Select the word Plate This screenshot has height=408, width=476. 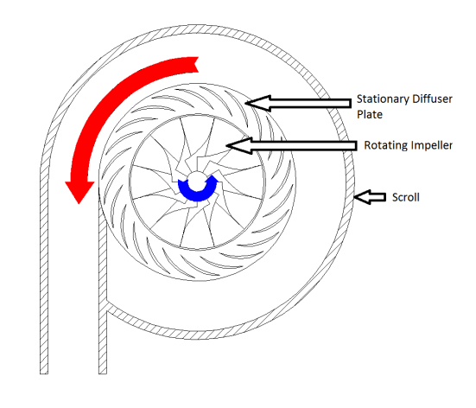(x=370, y=114)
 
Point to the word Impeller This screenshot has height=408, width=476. (x=430, y=145)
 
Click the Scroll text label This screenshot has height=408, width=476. (x=405, y=197)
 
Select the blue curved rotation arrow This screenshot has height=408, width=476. (x=197, y=194)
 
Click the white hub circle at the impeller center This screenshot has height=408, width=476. (x=197, y=182)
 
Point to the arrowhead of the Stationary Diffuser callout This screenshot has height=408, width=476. (x=257, y=103)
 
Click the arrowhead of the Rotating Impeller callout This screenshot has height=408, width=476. (x=239, y=145)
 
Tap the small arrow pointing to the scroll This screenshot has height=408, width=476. (x=370, y=197)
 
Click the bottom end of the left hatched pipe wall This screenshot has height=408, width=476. (x=44, y=373)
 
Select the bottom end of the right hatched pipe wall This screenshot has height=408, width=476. (x=103, y=373)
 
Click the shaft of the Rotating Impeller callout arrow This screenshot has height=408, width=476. (x=304, y=145)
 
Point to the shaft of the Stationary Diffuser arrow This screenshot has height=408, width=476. (x=310, y=103)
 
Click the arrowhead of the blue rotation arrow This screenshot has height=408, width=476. (x=213, y=179)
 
